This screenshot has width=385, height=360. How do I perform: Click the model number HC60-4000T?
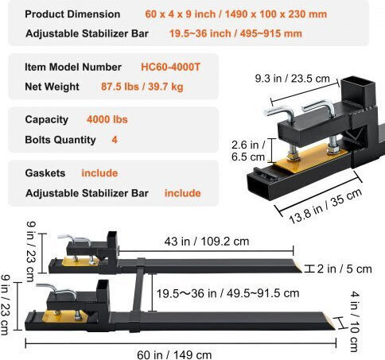click(x=170, y=67)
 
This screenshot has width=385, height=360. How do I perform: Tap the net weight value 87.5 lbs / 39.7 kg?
click(x=142, y=87)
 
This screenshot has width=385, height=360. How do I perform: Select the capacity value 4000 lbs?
click(x=107, y=119)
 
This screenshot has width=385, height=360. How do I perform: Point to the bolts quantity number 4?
click(x=115, y=140)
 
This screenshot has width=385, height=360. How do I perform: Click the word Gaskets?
click(x=45, y=173)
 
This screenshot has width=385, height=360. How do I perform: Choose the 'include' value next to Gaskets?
click(x=99, y=173)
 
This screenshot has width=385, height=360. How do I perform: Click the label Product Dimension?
click(x=72, y=14)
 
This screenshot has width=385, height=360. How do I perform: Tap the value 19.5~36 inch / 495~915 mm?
click(x=235, y=33)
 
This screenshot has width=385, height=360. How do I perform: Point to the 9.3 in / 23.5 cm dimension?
click(x=293, y=79)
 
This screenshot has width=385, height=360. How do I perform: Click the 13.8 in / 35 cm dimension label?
click(x=325, y=206)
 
